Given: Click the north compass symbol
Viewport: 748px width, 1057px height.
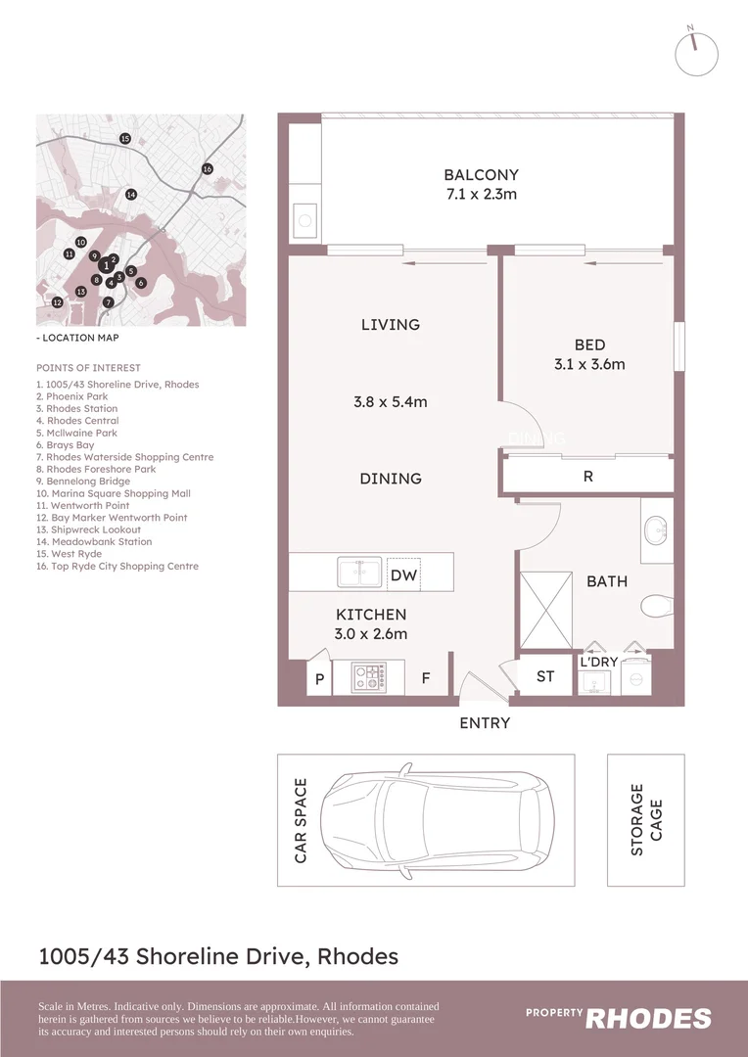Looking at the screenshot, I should [696, 52].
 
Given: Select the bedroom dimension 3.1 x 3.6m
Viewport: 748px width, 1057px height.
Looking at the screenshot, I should [589, 364].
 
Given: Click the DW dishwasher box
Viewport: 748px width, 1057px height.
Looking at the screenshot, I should [403, 575].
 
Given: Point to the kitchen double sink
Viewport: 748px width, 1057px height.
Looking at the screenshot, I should [358, 571].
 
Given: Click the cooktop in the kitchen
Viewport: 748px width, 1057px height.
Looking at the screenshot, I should [370, 676].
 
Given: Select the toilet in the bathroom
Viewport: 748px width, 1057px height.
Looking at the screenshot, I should [657, 608].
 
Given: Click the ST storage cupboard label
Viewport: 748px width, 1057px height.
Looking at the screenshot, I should [545, 677].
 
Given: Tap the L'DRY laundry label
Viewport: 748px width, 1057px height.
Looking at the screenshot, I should [598, 663].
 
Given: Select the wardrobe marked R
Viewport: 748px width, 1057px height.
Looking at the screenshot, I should [587, 478].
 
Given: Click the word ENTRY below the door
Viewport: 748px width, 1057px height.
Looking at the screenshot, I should [485, 723].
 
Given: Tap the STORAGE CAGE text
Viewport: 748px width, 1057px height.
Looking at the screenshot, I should [646, 819].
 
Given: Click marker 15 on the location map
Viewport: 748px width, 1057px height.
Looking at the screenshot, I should [125, 139].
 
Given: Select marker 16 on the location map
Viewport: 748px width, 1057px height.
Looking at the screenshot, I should [208, 169].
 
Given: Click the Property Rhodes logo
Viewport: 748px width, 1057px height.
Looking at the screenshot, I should [619, 1017].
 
